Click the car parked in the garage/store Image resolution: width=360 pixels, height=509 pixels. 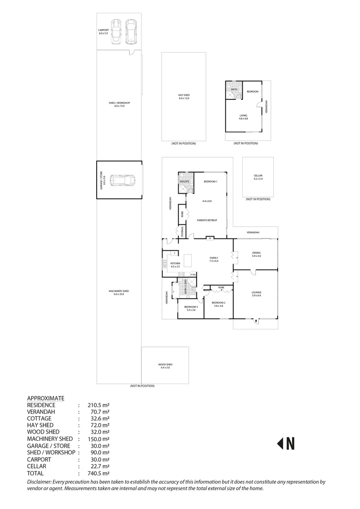point(122,180)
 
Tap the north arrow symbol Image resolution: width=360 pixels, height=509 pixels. point(286,443)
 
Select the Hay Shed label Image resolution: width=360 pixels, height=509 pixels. point(183,96)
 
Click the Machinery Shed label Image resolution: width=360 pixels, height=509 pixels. point(118,291)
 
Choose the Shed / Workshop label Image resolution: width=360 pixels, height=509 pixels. point(118,103)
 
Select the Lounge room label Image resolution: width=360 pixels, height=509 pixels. point(256,293)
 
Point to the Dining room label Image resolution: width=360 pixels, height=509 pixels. point(256,253)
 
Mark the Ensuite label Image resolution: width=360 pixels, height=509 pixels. point(184,181)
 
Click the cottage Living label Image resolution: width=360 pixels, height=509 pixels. point(243,115)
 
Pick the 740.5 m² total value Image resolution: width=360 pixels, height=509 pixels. point(98,473)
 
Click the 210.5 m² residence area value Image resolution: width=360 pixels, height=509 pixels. point(98,405)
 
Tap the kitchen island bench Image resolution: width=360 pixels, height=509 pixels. point(188,259)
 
